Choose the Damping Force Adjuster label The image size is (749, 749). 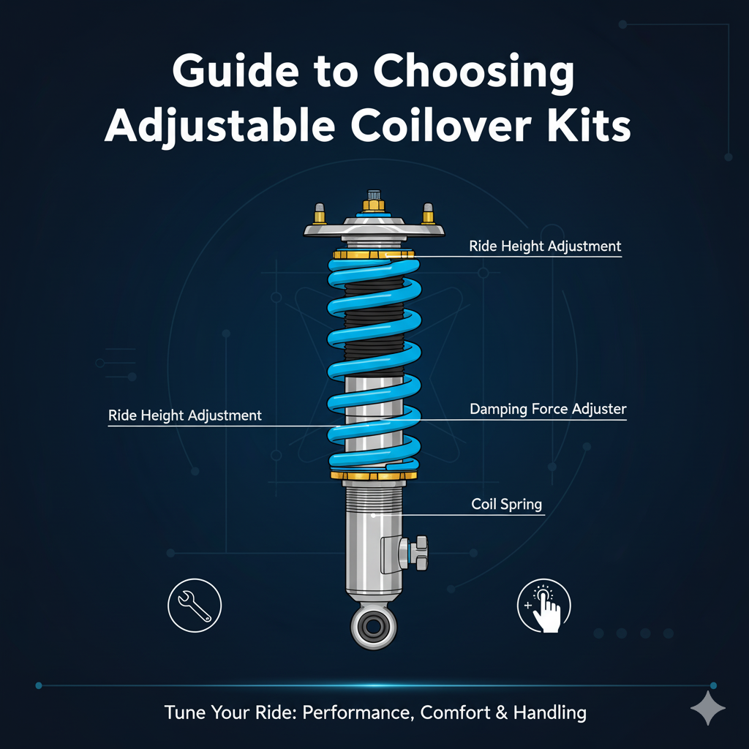point(548,410)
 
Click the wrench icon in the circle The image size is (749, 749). point(194,606)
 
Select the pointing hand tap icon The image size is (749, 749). point(544,606)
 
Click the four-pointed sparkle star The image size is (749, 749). point(707,709)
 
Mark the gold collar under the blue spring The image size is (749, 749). point(374,476)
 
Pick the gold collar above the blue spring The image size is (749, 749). point(373,254)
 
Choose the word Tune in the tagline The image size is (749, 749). point(184,712)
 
